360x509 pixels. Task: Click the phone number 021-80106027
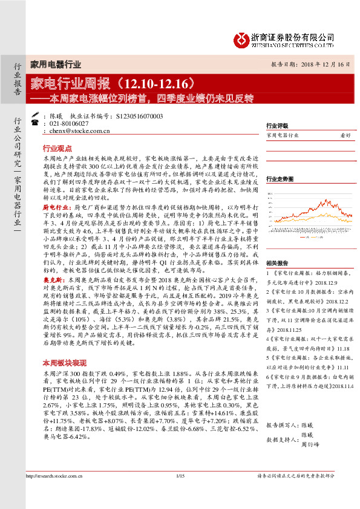point(70,123)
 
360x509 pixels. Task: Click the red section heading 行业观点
point(57,148)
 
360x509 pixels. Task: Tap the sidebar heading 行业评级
point(277,126)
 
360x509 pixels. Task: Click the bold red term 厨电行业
point(53,207)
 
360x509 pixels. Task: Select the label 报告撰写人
point(281,426)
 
